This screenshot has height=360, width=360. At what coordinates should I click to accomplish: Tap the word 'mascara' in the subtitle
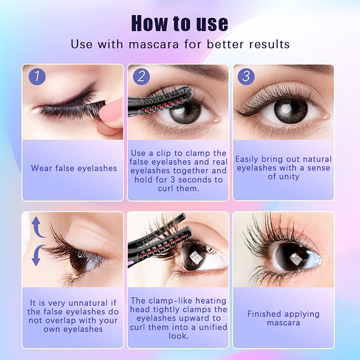[x=153, y=44]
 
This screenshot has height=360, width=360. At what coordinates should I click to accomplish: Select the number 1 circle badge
[x=37, y=76]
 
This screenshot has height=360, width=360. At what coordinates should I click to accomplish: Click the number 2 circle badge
[x=141, y=76]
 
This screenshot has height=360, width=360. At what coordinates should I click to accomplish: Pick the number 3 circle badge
[x=246, y=76]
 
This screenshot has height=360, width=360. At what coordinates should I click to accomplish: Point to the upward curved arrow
[x=37, y=227]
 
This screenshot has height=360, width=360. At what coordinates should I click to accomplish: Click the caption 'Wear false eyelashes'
[x=74, y=168]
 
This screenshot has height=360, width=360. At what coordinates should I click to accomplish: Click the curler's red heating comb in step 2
[x=163, y=106]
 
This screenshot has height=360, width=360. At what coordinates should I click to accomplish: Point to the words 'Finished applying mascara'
[x=283, y=319]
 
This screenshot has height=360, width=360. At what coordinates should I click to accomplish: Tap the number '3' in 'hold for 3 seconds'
[x=173, y=180]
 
